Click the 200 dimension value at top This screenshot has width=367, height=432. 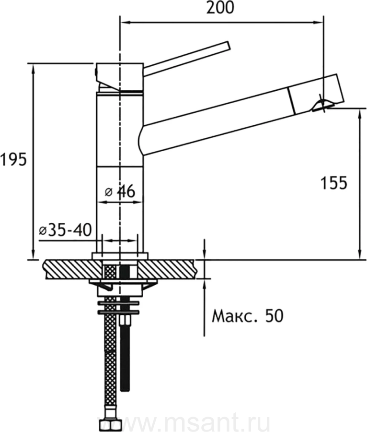click(x=220, y=8)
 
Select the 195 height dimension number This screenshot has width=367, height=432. click(x=13, y=159)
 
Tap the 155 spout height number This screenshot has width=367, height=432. click(x=334, y=183)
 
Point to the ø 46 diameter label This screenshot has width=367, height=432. click(x=120, y=191)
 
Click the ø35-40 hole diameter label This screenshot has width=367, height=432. click(x=65, y=230)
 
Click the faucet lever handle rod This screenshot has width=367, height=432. click(x=186, y=59)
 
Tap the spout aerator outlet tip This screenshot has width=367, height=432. click(x=322, y=106)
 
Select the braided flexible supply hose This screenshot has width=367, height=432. click(x=111, y=339)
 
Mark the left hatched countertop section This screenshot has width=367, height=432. click(x=72, y=269)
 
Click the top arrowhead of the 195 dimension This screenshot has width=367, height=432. click(x=34, y=68)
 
